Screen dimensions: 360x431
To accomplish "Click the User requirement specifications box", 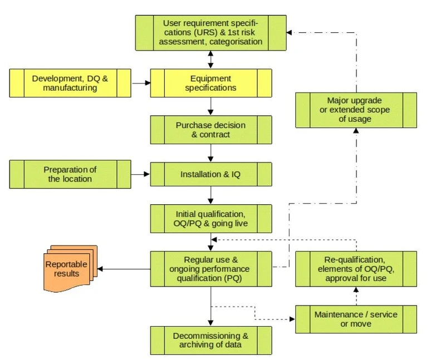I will (211, 32).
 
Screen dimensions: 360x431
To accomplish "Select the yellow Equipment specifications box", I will (211, 83).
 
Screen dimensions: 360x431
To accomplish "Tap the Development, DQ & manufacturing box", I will (70, 83).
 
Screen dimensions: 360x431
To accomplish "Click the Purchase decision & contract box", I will (211, 130).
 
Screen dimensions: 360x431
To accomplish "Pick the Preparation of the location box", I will (70, 174).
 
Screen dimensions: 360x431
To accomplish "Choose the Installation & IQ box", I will (211, 174).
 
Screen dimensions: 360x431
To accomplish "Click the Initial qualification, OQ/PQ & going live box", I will (211, 218).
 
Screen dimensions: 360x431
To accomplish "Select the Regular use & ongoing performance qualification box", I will (211, 269).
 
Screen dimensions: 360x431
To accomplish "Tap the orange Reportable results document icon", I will (70, 269).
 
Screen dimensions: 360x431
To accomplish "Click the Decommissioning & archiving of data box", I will (211, 341).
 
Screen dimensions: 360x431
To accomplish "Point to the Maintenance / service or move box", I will (356, 319).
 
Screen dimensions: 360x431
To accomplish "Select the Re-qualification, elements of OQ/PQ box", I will (356, 269).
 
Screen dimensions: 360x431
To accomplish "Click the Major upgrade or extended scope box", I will (356, 110).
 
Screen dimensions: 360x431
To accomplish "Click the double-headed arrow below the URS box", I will (211, 58).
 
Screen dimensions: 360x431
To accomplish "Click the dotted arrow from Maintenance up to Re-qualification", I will (356, 296).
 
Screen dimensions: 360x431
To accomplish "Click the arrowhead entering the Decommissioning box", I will (211, 323).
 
